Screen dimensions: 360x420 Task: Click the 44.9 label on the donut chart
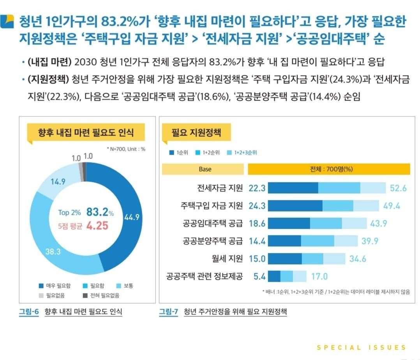click(x=132, y=217)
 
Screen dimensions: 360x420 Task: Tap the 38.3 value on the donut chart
click(x=53, y=251)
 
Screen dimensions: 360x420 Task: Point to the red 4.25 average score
click(x=97, y=226)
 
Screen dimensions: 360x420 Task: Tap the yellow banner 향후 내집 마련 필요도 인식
click(x=86, y=133)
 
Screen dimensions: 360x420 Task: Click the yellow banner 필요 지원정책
click(x=196, y=132)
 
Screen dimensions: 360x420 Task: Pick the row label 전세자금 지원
click(x=220, y=188)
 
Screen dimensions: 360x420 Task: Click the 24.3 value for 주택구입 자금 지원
click(x=257, y=206)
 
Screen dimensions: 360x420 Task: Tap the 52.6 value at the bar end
click(x=398, y=188)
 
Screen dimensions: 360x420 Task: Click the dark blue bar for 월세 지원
click(x=285, y=259)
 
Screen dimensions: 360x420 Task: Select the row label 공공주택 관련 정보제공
click(x=204, y=276)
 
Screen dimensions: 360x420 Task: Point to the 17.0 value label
click(x=319, y=277)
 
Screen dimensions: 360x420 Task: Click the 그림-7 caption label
click(x=168, y=312)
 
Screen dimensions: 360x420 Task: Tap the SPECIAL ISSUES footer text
click(x=361, y=348)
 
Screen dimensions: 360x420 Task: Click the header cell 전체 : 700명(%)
click(x=329, y=169)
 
